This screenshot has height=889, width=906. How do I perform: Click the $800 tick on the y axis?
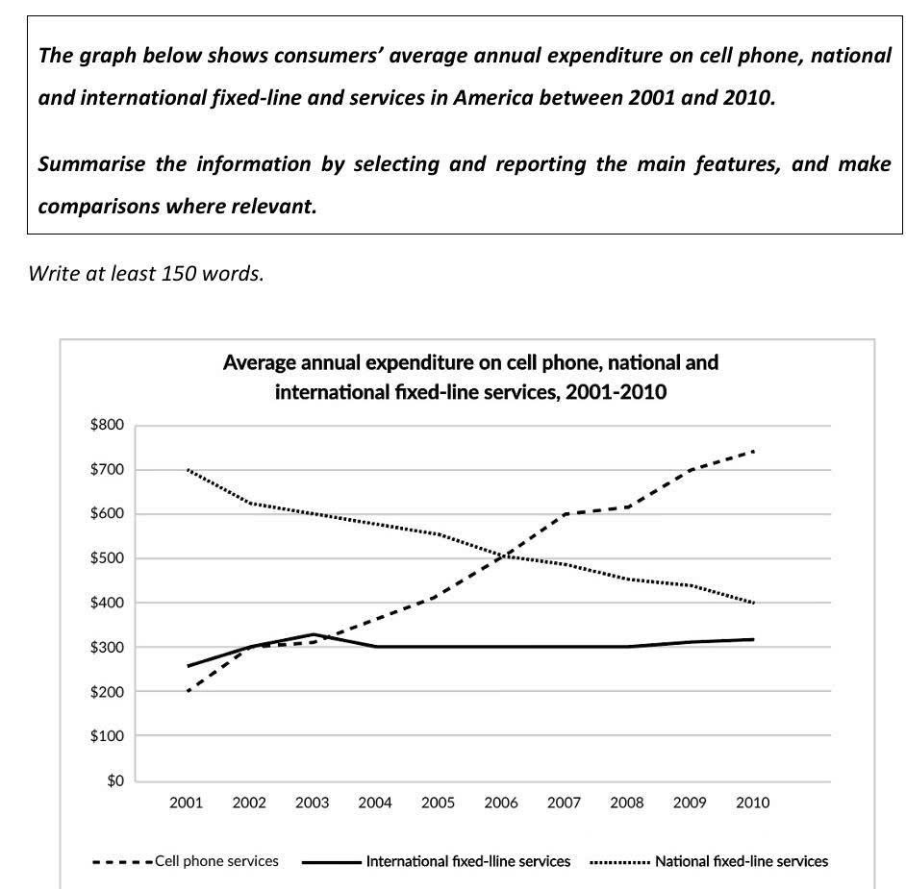107,425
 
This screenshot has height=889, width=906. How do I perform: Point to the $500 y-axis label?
107,558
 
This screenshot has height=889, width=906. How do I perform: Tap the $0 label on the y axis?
115,780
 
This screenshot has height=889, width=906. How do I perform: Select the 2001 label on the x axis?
186,803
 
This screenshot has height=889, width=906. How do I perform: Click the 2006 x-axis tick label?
501,803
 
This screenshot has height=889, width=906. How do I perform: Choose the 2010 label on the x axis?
753,803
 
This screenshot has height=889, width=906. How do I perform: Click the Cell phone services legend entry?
186,861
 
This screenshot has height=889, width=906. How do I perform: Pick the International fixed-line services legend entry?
437,861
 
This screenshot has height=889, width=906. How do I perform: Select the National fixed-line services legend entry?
709,861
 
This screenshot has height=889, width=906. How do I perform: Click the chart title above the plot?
470,377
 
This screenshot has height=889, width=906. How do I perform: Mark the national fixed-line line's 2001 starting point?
188,470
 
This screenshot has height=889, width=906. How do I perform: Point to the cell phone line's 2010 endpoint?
753,451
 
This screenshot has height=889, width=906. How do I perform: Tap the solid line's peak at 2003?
314,634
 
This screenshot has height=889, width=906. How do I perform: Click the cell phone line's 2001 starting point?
188,691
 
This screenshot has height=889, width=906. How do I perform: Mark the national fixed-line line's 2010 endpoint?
753,603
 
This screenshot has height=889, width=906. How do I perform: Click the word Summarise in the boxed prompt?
92,164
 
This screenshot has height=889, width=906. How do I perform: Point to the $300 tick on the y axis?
107,647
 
